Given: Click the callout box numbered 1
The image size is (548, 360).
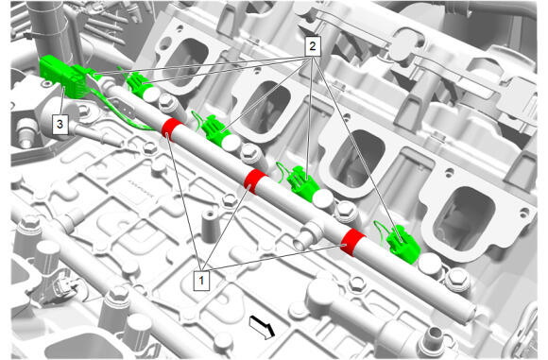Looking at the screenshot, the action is (x=201, y=280).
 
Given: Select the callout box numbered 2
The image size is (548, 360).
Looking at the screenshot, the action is (x=313, y=45).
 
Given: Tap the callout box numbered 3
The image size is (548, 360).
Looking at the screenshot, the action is (x=60, y=124).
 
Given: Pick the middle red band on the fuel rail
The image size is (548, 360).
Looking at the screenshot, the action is (x=255, y=181).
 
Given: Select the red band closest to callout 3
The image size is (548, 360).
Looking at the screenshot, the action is (x=172, y=129).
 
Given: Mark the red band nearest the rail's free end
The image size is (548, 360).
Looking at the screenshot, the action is (x=352, y=242).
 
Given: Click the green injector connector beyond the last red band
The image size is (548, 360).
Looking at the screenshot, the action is (x=402, y=244).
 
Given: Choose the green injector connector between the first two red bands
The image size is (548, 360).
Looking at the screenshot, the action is (x=215, y=130).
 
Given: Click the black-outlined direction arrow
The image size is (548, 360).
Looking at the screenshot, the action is (x=262, y=327).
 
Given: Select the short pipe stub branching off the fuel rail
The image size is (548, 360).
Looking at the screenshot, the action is (x=308, y=236).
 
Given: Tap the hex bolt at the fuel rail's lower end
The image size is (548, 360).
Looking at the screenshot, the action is (x=456, y=280).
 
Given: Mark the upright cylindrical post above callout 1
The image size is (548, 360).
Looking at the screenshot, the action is (x=211, y=226).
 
